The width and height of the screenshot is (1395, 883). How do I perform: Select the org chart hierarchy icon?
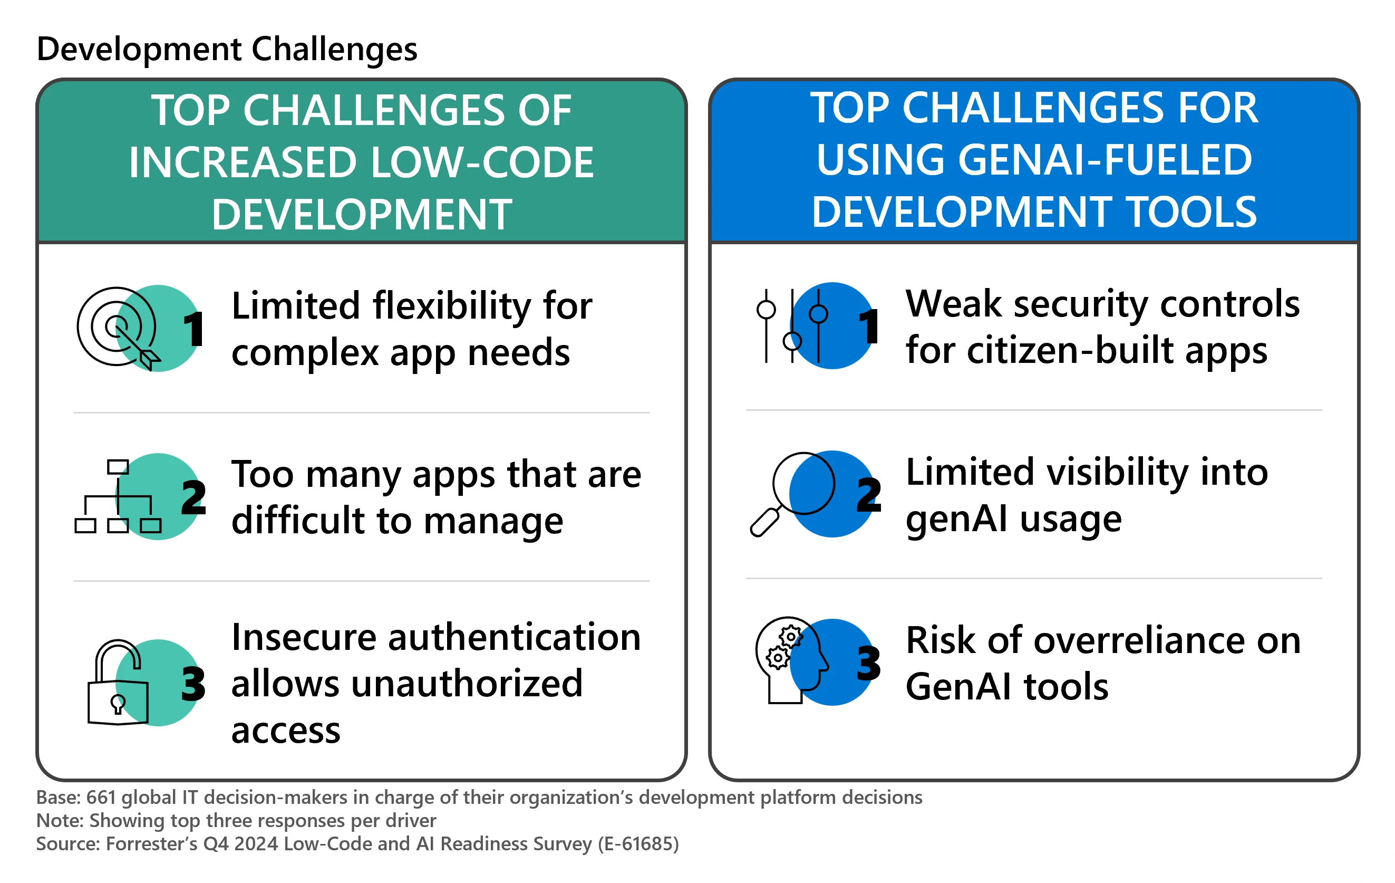click(118, 497)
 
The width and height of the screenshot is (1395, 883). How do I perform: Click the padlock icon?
click(118, 683)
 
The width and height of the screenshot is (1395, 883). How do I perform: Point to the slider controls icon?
click(791, 326)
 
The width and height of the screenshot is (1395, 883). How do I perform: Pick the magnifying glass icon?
click(791, 494)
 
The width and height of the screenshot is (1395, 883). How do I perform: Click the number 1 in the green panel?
click(193, 329)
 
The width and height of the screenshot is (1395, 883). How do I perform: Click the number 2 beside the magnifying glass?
click(868, 495)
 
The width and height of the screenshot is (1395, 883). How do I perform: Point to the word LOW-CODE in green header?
click(482, 162)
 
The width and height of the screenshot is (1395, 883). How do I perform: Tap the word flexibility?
click(451, 306)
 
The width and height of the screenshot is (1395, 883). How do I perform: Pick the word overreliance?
click(1138, 641)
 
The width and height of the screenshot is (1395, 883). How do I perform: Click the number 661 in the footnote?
click(101, 798)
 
